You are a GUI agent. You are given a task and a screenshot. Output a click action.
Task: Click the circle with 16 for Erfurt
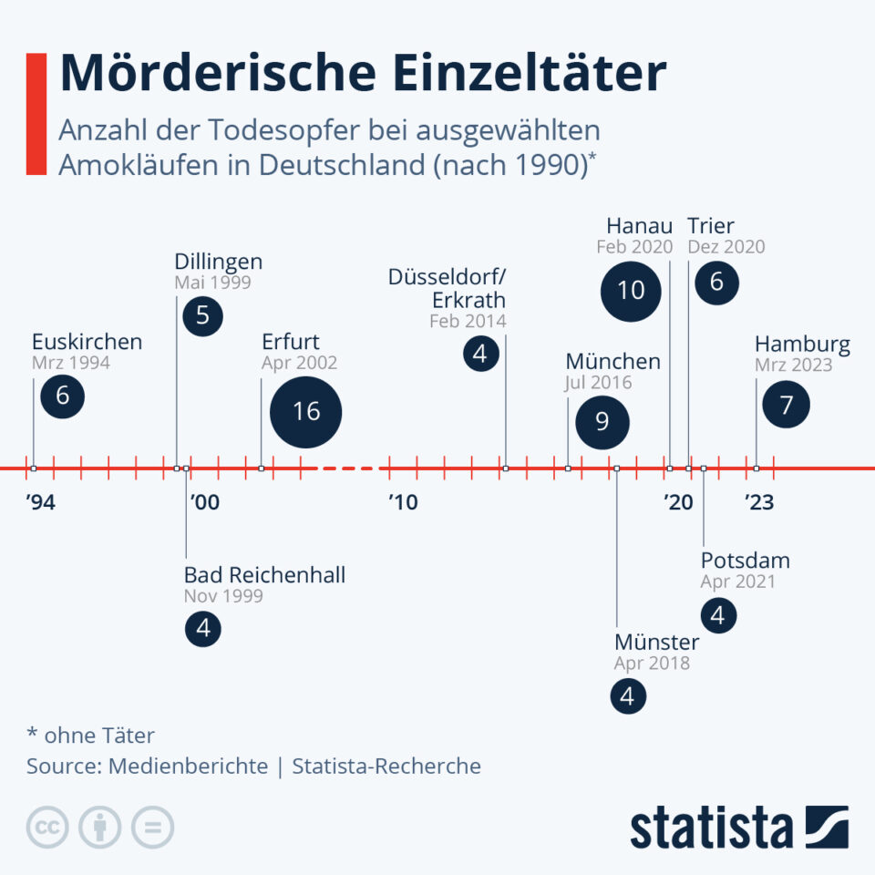tap(306, 411)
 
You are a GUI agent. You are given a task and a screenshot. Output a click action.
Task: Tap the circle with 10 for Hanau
tap(631, 291)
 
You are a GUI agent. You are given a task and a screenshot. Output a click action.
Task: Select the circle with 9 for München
tap(602, 420)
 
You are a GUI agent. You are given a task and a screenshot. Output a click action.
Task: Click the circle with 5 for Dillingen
tap(202, 315)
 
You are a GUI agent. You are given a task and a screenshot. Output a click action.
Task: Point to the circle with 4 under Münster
tap(627, 696)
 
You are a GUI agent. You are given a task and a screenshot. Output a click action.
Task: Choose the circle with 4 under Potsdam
tap(718, 615)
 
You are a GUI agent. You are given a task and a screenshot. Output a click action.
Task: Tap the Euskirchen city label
tap(87, 342)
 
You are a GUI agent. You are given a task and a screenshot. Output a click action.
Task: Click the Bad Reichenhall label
tap(264, 575)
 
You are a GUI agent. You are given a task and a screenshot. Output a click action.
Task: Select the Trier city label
tap(711, 225)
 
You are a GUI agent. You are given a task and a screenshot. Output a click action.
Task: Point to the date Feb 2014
tap(468, 321)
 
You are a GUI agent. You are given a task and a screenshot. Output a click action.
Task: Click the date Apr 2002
tap(299, 363)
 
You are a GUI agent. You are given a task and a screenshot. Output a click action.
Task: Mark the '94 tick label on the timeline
tap(40, 502)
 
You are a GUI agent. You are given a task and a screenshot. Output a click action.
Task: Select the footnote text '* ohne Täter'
tap(90, 735)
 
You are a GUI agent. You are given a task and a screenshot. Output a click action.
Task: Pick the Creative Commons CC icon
tap(47, 827)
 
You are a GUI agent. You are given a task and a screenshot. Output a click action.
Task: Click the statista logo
tap(739, 828)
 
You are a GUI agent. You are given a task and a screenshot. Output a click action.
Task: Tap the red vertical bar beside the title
tap(36, 113)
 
